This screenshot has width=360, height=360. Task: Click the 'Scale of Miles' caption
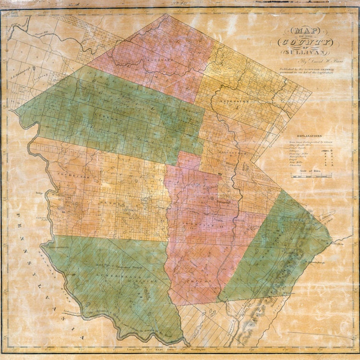[310, 171]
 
